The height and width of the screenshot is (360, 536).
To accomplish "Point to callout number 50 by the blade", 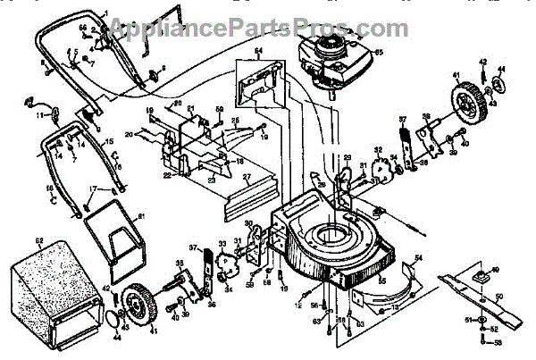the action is point(500,296).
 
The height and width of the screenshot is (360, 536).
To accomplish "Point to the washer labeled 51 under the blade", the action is point(482,319).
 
